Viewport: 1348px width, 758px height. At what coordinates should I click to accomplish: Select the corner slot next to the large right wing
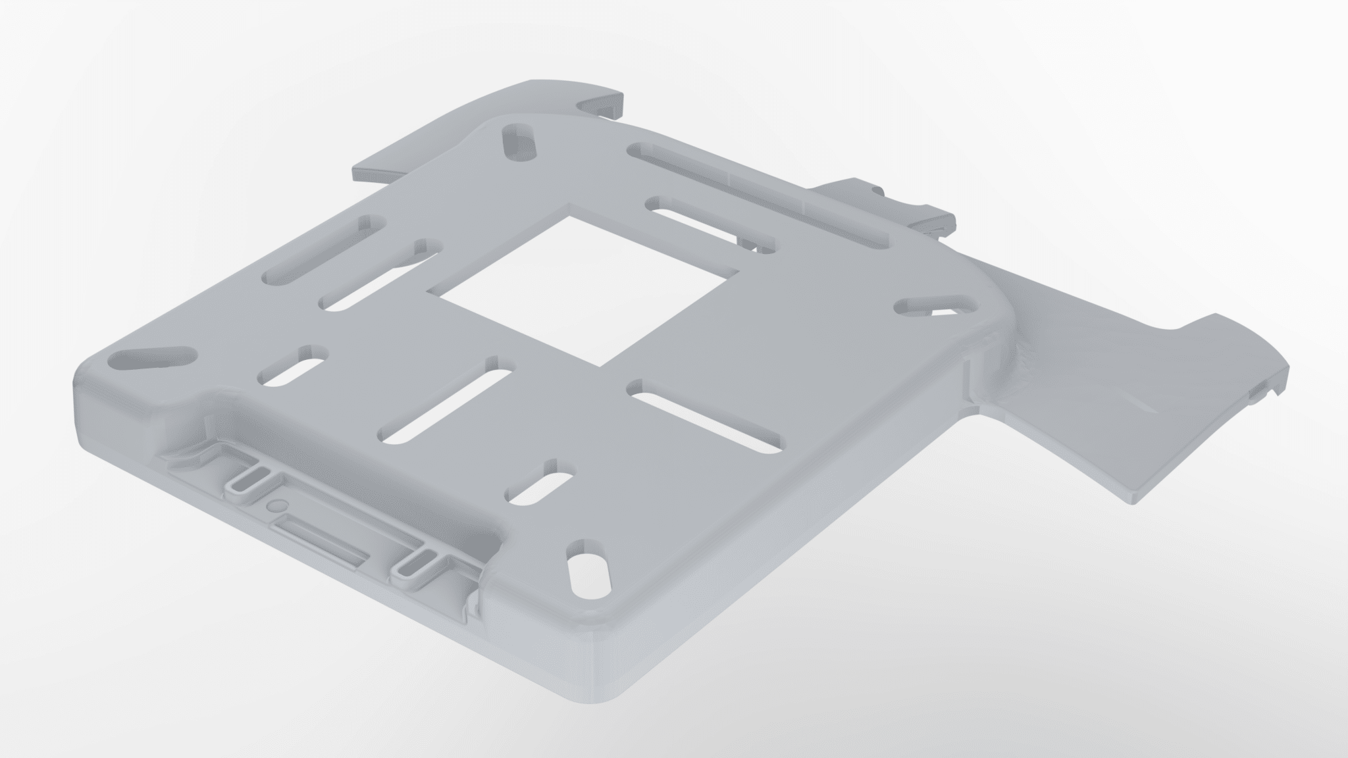coord(935,307)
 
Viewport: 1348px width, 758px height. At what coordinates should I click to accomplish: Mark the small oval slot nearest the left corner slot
coord(294,366)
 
